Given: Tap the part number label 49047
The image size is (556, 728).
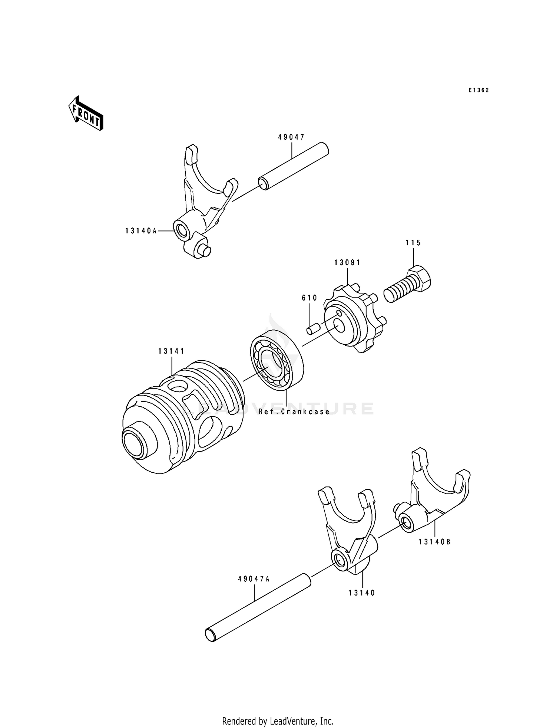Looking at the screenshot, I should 291,137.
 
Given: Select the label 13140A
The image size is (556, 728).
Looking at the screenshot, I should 141,231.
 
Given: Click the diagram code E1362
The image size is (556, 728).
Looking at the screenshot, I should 479,90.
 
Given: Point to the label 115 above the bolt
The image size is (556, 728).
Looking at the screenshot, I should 413,243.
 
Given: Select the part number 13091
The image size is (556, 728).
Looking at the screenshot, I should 347,263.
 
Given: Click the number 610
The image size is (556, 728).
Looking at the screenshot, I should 310,298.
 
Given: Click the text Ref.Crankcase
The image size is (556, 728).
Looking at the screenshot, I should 294,411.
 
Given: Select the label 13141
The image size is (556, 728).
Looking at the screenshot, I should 171,351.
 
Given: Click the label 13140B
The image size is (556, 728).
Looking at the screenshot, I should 435,542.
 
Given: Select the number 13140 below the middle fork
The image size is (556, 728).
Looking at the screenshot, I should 362,593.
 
